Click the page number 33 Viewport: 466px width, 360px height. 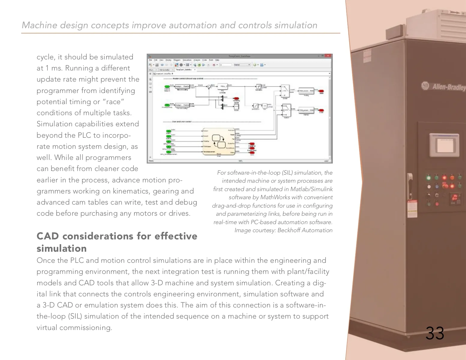tap(435, 333)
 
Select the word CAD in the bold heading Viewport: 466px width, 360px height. tap(48, 236)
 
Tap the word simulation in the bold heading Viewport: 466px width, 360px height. tap(62, 248)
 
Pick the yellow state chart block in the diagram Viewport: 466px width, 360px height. tap(218, 142)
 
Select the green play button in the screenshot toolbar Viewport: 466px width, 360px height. tap(199, 65)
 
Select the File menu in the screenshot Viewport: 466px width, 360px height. tap(151, 60)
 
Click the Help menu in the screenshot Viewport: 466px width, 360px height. tap(217, 60)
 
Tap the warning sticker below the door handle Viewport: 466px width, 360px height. tap(412, 208)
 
